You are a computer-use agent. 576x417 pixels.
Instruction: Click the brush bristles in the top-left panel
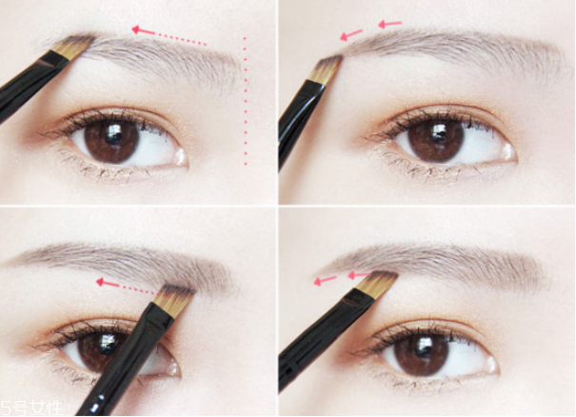click(73, 47)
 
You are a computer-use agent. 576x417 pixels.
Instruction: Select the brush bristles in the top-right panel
click(327, 69)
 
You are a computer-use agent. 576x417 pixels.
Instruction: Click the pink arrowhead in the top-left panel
click(137, 30)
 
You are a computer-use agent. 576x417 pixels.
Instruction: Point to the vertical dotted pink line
click(245, 101)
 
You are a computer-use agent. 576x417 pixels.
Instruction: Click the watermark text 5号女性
click(31, 408)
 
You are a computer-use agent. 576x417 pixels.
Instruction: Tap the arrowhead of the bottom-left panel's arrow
click(100, 282)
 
